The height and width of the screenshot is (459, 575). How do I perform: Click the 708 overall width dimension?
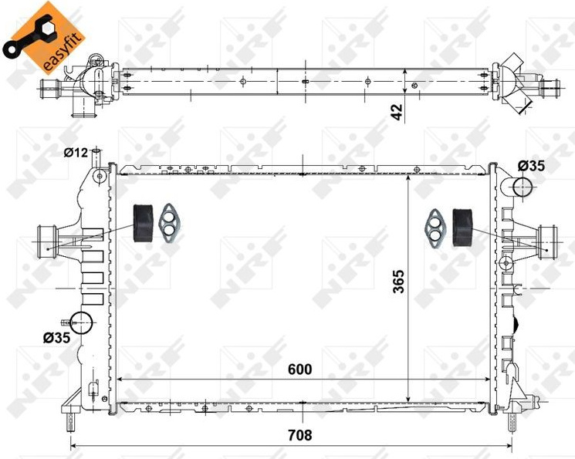pyautogui.click(x=300, y=435)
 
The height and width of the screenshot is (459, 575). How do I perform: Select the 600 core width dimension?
pyautogui.click(x=300, y=370)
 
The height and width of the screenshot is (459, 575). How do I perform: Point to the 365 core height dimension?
pyautogui.click(x=398, y=282)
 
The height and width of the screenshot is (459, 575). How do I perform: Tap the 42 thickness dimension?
pyautogui.click(x=397, y=112)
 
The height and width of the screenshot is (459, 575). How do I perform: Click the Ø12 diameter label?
pyautogui.click(x=76, y=153)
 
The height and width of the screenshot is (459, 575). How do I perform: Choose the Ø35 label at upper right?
pyautogui.click(x=531, y=166)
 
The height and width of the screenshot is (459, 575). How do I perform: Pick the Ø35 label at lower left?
pyautogui.click(x=56, y=338)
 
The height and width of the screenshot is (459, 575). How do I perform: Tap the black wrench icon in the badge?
pyautogui.click(x=29, y=36)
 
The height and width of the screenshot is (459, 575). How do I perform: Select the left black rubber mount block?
pyautogui.click(x=143, y=223)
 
